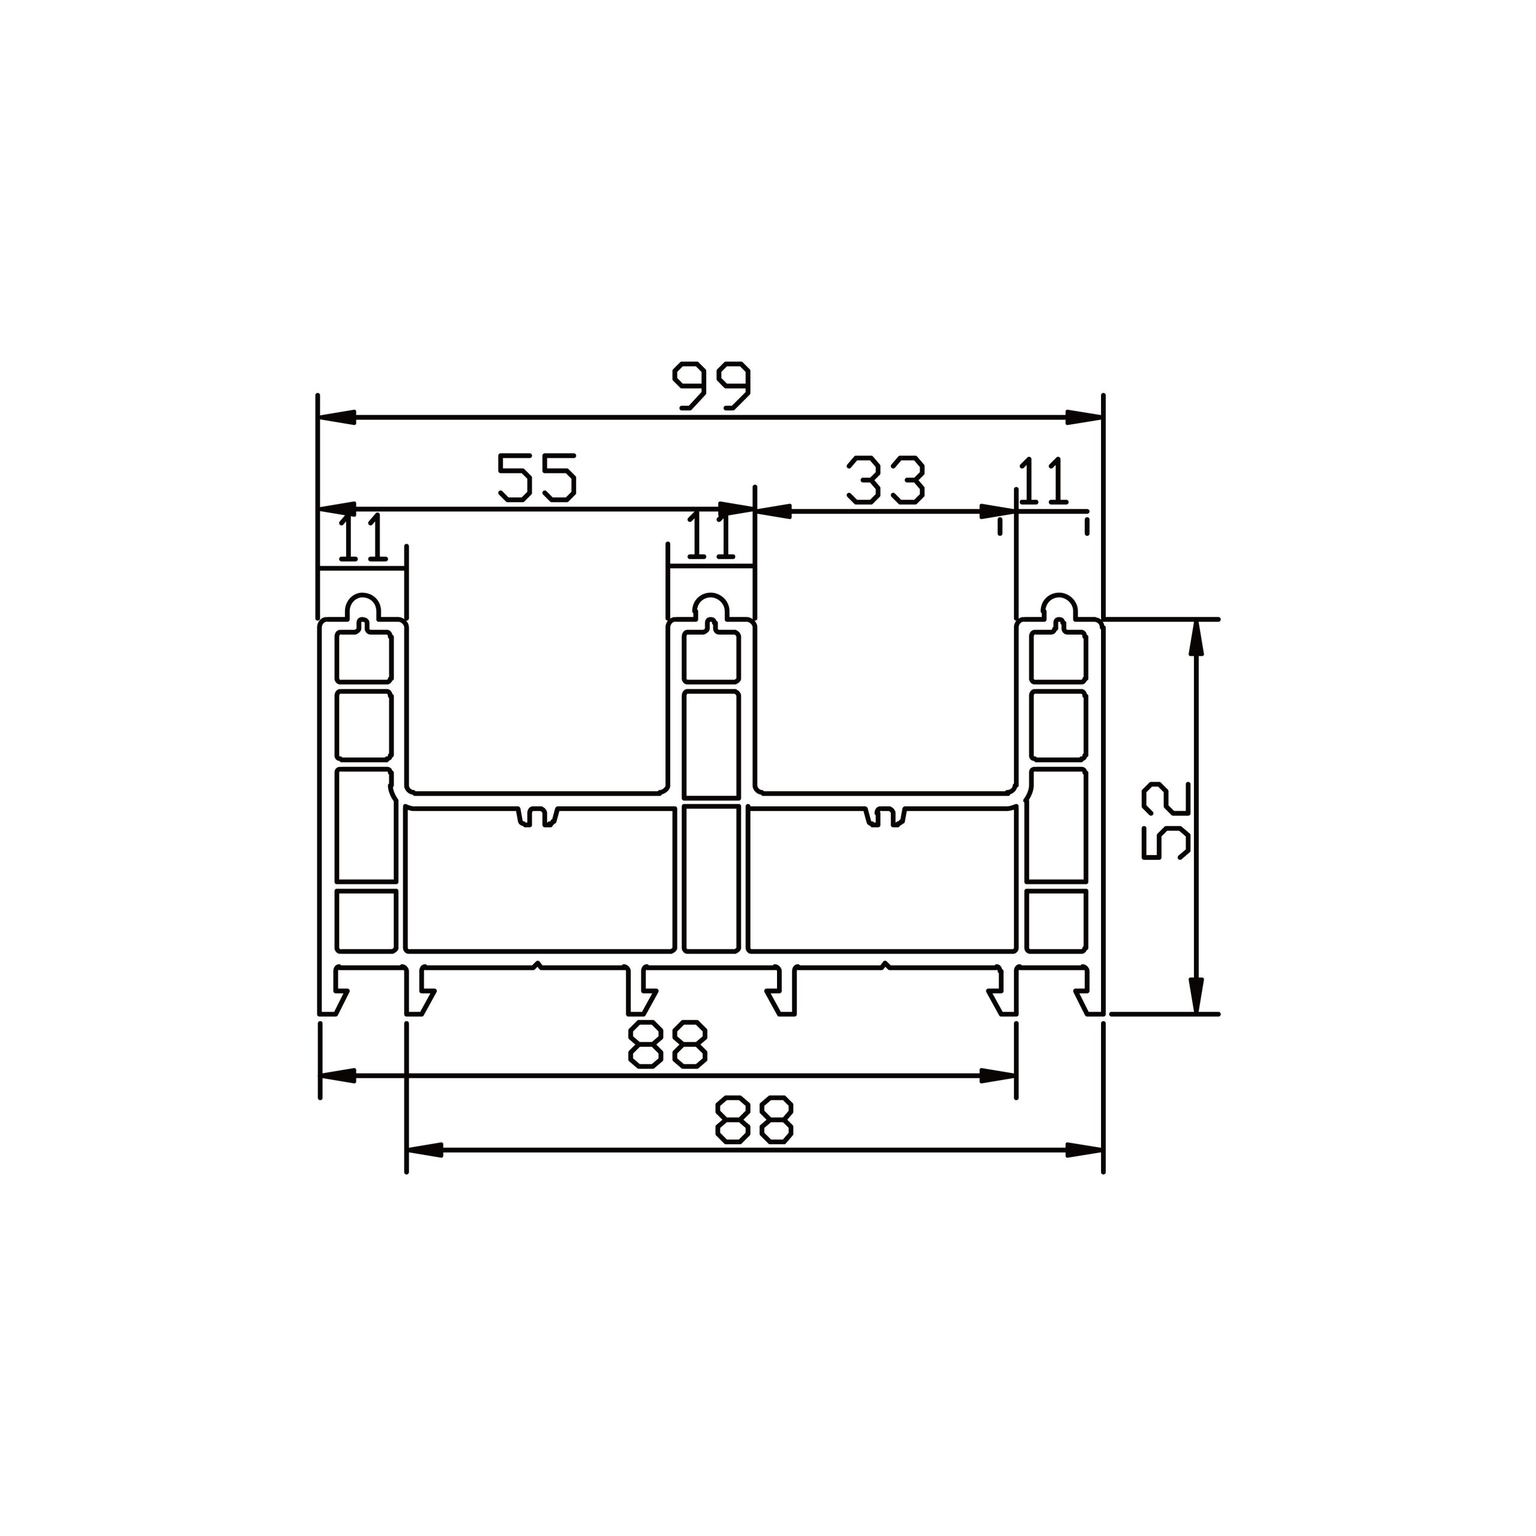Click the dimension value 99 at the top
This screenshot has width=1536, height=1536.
711,386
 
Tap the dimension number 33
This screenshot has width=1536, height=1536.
886,480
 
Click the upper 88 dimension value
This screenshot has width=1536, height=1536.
667,1045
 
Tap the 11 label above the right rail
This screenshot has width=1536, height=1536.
1042,482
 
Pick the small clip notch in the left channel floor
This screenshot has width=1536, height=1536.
538,817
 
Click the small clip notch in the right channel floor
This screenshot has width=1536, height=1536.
885,817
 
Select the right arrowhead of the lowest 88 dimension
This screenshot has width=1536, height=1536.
1084,1150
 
